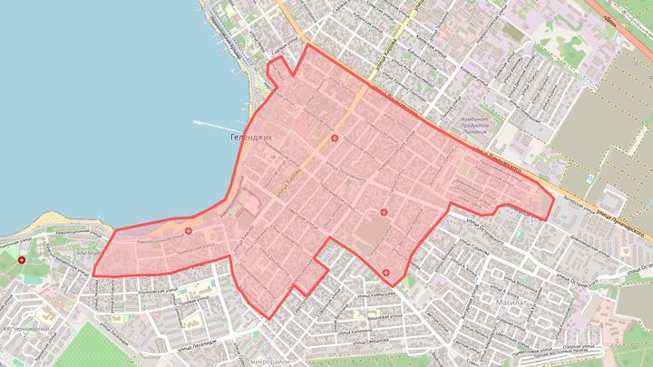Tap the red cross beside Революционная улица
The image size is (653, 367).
188,231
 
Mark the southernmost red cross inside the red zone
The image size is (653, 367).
387,272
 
